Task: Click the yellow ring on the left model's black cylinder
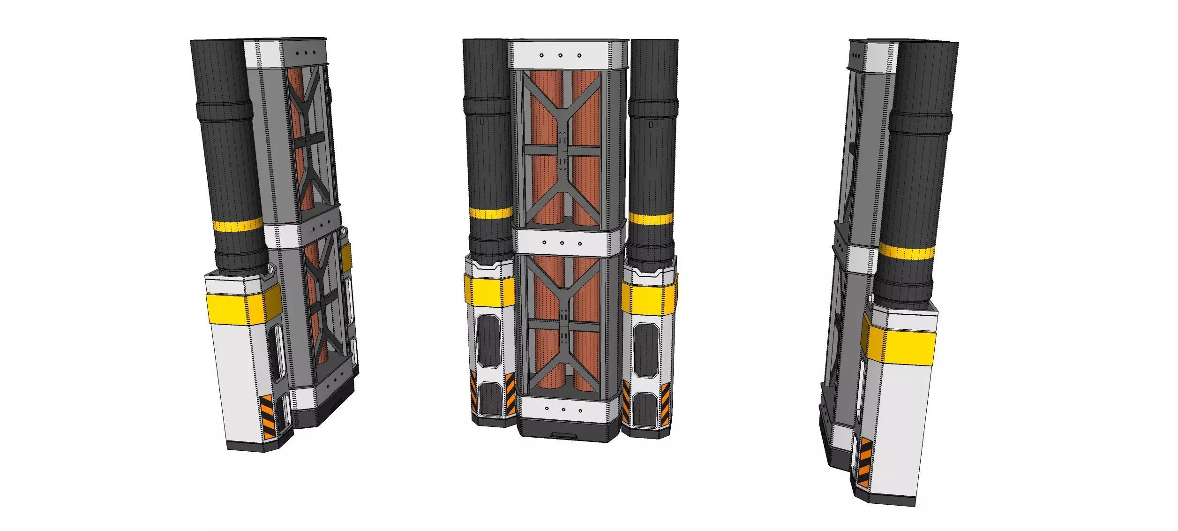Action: (238, 226)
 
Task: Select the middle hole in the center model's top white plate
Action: (560, 55)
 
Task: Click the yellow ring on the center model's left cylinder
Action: (491, 214)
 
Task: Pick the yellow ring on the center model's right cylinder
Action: (651, 219)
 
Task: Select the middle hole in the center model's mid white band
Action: (562, 243)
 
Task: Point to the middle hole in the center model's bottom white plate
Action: (563, 410)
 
